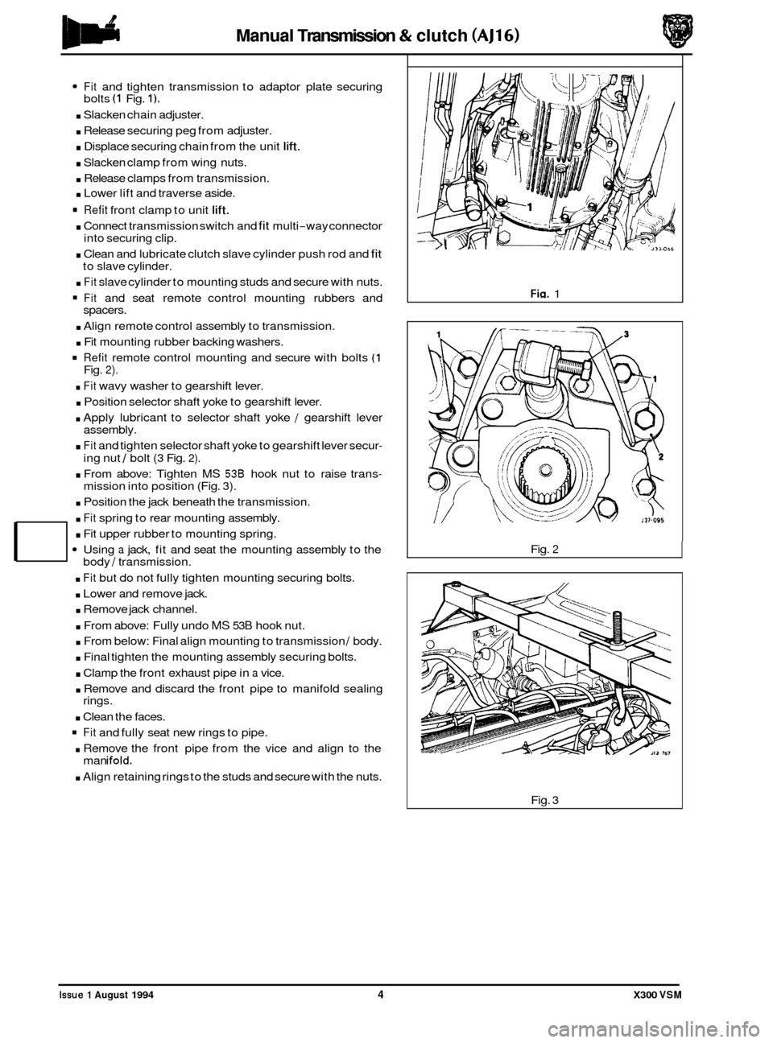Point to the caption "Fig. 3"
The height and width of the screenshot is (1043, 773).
(x=544, y=797)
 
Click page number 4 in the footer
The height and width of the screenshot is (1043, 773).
(x=378, y=995)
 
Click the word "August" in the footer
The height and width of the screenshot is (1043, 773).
(x=108, y=996)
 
